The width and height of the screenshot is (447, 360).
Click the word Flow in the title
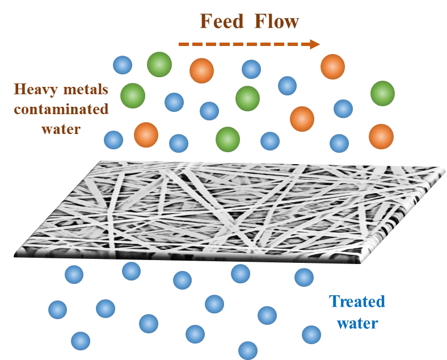click(276, 23)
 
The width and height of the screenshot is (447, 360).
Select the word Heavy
click(32, 89)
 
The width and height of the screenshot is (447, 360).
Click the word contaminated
click(61, 109)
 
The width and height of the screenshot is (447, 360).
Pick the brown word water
click(61, 128)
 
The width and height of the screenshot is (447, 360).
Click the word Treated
click(357, 302)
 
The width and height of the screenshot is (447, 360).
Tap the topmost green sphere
click(159, 64)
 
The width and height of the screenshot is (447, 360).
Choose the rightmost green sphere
click(382, 93)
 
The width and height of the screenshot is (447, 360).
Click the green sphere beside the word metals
click(132, 95)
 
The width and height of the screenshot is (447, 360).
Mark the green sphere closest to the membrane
click(228, 139)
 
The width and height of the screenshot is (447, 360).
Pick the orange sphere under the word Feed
click(201, 70)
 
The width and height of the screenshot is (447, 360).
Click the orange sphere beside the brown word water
click(146, 135)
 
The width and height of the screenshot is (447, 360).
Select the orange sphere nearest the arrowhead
click(332, 66)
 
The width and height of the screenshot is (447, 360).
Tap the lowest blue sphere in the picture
click(248, 350)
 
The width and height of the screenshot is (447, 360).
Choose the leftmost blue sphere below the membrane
click(57, 309)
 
